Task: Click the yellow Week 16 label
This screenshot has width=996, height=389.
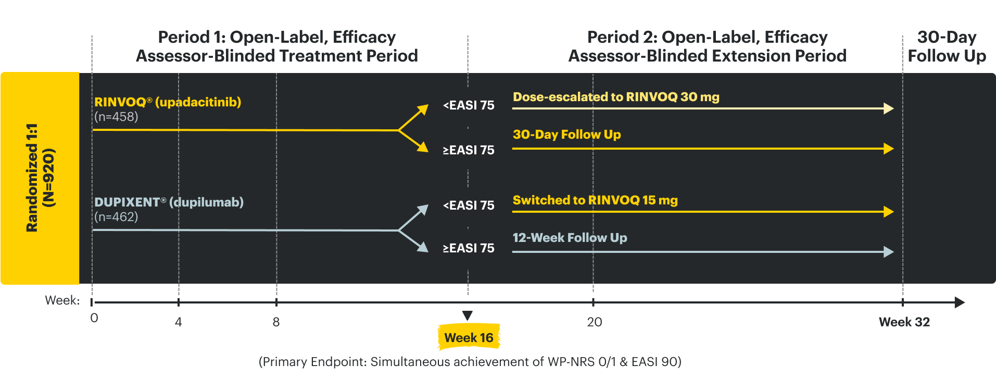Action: pos(469,338)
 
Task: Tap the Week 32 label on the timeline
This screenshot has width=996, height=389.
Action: pos(904,322)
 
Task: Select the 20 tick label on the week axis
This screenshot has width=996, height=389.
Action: pos(594,322)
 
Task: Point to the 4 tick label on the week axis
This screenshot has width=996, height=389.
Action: pos(178,322)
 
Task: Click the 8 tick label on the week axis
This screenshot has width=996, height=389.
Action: pos(276,322)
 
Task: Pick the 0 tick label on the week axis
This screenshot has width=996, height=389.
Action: pos(94,318)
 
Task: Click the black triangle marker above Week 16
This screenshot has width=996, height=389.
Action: pos(467,315)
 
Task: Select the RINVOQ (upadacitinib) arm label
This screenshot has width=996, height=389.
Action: pos(167,102)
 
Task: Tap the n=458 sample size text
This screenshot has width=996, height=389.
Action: pos(116,117)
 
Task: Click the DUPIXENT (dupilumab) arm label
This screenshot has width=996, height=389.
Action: pos(169,202)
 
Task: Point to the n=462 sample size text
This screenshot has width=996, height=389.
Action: pos(116,217)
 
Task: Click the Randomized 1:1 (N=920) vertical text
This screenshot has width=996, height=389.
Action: pos(40,178)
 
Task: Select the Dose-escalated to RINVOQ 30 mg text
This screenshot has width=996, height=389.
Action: pos(615,97)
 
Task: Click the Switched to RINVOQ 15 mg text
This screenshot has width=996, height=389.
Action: pos(595,200)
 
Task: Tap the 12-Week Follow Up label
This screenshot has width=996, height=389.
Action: pos(570,238)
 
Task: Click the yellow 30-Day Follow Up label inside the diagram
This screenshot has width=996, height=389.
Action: pos(566,135)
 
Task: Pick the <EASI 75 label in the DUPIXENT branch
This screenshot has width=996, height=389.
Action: pos(468,205)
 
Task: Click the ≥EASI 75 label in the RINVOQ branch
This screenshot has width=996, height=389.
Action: pos(468,150)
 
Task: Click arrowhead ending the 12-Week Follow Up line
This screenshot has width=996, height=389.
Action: pos(889,252)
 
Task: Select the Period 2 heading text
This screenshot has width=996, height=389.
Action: pos(707,46)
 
